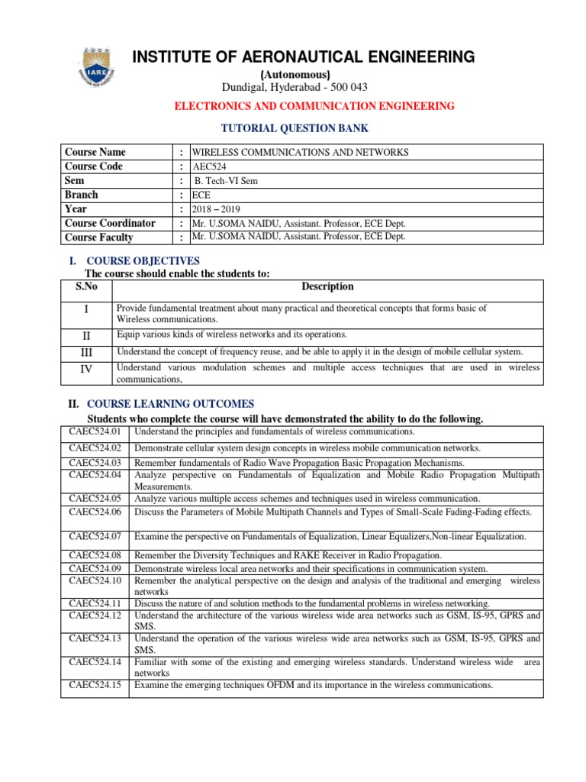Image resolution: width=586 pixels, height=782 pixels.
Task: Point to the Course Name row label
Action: point(96,152)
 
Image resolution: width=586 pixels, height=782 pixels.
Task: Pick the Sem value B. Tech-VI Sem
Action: point(223,181)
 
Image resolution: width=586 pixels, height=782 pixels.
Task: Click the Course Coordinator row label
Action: point(111,223)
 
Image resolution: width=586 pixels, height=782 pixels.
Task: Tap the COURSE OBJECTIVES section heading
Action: point(143,261)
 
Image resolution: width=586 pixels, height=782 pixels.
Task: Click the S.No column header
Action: point(87,287)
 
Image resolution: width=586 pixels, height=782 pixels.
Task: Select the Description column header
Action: point(327,287)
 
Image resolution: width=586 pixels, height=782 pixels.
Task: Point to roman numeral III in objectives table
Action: point(87,352)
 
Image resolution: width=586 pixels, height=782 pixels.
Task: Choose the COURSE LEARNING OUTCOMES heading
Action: point(171,404)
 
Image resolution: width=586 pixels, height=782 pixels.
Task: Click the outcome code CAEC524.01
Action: point(95,432)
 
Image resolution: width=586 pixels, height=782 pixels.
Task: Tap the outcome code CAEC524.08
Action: point(95,555)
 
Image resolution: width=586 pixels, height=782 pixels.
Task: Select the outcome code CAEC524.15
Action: point(95,685)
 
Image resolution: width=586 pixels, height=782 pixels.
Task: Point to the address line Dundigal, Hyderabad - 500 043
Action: point(295,87)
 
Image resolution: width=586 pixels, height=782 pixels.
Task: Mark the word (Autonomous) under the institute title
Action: point(295,74)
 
